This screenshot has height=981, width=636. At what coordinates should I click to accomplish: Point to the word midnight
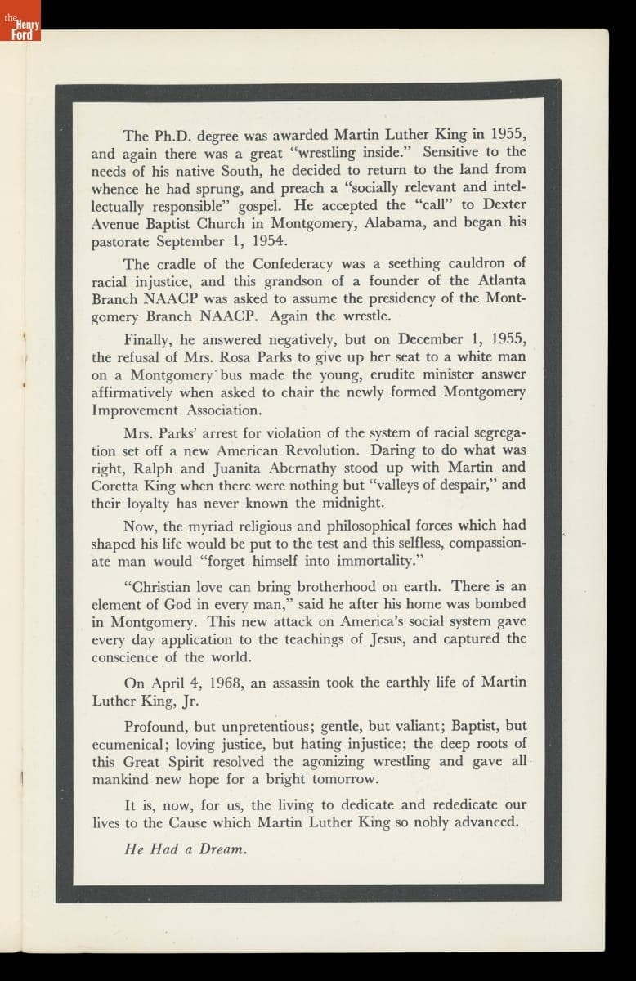point(353,503)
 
